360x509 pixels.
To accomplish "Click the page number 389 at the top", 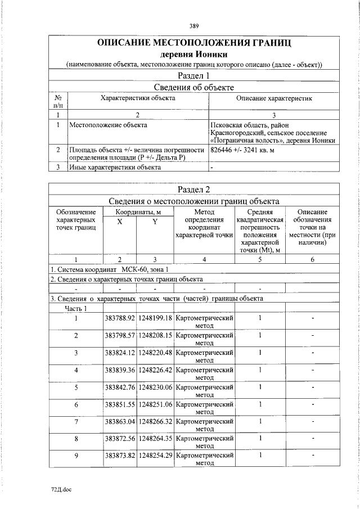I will click(194, 26).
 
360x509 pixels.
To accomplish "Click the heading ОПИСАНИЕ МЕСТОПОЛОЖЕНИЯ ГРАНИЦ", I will click(194, 43).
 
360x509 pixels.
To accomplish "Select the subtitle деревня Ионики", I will click(194, 55).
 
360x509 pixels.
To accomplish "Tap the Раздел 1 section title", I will click(194, 75).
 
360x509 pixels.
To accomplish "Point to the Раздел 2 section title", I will click(194, 189).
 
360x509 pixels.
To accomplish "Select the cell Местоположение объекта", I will click(103, 124).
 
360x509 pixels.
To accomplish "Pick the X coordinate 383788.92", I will click(119, 318).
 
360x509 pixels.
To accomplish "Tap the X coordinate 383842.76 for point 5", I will click(119, 387).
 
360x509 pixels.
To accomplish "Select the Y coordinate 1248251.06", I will click(155, 404).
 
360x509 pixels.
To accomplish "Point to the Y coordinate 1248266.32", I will click(155, 421).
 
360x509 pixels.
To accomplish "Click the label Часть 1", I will click(76, 308).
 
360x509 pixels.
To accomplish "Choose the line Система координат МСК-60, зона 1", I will click(110, 269).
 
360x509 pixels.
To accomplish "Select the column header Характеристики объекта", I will click(137, 98).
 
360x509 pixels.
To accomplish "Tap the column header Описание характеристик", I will click(274, 98).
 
